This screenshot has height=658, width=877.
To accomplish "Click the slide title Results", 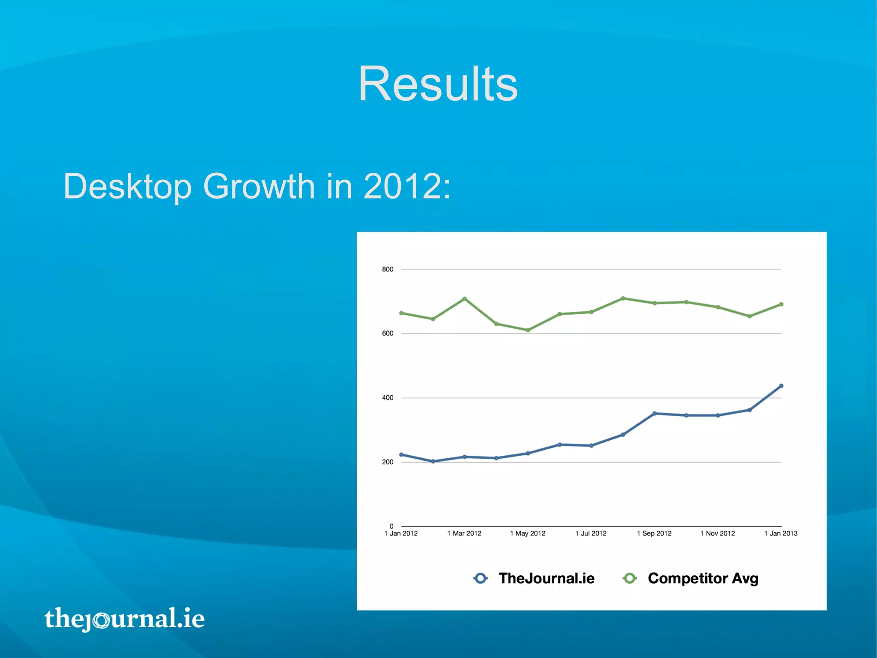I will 438,84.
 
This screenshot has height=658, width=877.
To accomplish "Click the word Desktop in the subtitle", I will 128,186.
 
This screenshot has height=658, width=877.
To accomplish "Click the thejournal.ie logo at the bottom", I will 124,618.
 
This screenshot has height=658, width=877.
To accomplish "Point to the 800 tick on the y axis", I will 388,269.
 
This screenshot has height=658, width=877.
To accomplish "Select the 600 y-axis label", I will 388,334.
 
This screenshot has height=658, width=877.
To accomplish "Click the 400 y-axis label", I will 388,398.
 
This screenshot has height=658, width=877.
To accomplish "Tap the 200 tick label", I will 388,462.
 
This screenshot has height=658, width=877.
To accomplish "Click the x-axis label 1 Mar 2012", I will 464,533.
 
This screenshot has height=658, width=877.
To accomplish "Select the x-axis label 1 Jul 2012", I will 591,533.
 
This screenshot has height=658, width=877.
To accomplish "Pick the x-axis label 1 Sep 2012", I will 654,533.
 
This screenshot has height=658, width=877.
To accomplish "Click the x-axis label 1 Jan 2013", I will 781,533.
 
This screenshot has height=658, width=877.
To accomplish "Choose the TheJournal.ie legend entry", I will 534,578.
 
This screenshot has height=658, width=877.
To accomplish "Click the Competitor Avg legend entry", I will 690,578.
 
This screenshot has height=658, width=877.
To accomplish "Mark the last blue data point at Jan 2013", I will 781,386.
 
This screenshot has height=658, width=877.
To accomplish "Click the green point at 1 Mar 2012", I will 465,299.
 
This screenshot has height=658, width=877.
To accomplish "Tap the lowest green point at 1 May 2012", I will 528,330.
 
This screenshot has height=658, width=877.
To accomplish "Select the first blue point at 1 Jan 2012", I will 401,454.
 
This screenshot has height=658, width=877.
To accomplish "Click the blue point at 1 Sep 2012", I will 654,413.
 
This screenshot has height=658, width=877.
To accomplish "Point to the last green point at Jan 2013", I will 781,304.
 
